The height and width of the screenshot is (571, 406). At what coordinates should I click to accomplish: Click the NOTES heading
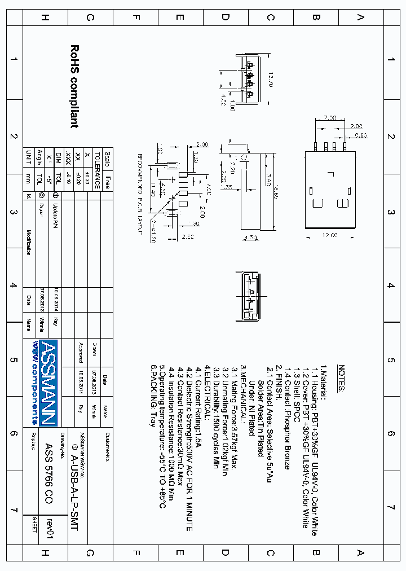pos(341,379)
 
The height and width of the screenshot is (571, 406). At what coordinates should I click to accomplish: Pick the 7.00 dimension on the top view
pos(330,117)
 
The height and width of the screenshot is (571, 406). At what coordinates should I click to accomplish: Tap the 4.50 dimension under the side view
pos(223,102)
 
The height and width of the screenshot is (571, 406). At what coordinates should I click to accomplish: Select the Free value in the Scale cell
pos(107,182)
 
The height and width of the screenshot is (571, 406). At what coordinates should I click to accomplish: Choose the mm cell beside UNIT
pos(29,178)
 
